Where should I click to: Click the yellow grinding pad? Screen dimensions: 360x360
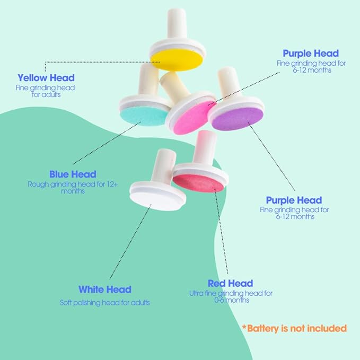[177, 60]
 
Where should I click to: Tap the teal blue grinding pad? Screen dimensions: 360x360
[144, 115]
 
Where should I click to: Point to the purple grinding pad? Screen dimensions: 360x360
[237, 119]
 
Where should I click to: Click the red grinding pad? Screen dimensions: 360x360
[198, 183]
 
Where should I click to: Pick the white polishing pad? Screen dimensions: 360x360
[156, 201]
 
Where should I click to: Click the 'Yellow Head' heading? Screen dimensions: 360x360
[46, 78]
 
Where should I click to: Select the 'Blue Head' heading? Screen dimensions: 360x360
[73, 174]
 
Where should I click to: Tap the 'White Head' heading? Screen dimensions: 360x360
[105, 289]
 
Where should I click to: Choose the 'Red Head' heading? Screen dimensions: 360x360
[230, 283]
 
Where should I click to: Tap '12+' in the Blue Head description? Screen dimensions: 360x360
[112, 184]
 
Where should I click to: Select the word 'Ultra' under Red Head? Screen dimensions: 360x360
[196, 293]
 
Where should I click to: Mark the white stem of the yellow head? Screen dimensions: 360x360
[177, 23]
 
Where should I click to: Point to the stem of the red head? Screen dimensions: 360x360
[205, 148]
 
